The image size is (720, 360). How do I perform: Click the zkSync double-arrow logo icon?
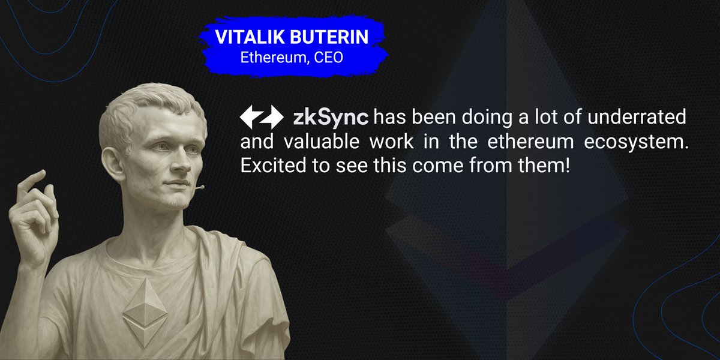(x=261, y=117)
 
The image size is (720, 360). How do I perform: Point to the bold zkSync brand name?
(x=329, y=118)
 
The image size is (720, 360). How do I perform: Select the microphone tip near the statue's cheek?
(x=201, y=187)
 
